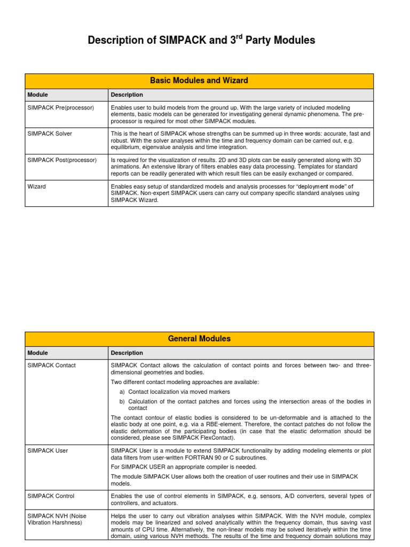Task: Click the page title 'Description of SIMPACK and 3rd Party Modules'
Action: click(201, 40)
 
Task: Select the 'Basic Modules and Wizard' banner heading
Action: click(199, 81)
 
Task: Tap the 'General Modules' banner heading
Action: click(199, 339)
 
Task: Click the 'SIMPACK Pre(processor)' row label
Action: click(60, 107)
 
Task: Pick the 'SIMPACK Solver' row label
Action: click(50, 133)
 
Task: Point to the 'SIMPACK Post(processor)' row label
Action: click(62, 159)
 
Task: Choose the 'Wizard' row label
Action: click(37, 186)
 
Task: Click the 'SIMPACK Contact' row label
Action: click(52, 365)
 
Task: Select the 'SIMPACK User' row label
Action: click(48, 450)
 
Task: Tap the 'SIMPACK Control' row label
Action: click(51, 496)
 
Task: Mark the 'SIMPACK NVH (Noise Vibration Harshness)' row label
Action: click(57, 519)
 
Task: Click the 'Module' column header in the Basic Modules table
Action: click(37, 95)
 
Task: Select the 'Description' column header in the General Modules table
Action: click(127, 353)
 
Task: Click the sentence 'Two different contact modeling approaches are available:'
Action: click(184, 382)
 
